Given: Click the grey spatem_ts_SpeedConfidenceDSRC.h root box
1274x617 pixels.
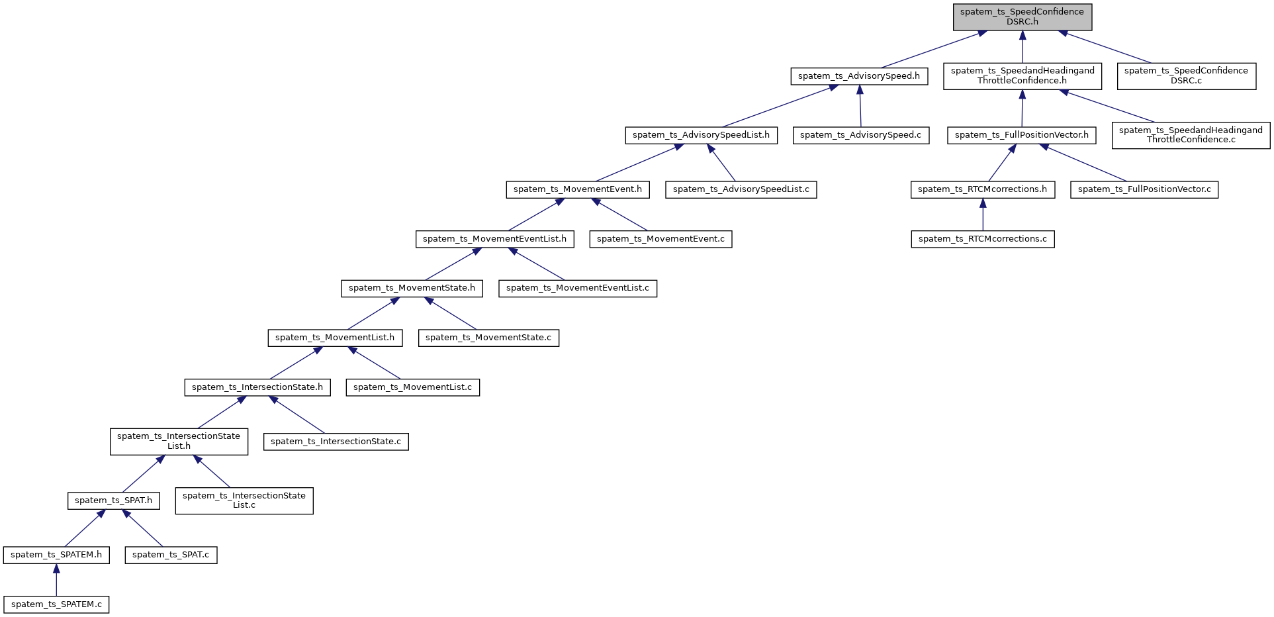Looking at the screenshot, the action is (1022, 17).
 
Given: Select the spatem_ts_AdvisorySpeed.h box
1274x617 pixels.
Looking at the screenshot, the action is (858, 76).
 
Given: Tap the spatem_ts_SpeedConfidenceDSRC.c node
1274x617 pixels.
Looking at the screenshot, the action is (1186, 76).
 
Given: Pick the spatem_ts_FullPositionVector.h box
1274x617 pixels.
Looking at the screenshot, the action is (1021, 135).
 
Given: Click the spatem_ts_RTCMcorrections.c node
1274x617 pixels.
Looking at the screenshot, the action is (982, 239).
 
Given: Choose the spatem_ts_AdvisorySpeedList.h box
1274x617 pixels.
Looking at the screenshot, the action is (701, 135).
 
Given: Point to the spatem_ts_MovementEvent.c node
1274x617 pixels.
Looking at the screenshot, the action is (660, 239).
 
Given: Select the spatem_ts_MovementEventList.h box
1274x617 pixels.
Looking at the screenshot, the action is (494, 239).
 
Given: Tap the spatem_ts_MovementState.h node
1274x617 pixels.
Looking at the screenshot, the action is (412, 288).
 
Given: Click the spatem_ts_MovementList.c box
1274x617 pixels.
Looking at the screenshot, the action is (412, 387).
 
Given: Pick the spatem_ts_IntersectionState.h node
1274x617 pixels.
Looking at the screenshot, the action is (257, 387).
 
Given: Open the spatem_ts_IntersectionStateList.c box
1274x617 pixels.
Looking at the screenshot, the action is (244, 500).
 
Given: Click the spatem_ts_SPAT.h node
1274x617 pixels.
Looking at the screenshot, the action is (113, 500).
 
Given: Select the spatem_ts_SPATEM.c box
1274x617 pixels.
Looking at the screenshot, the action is (56, 604).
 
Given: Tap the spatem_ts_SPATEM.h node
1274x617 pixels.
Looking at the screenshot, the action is (56, 555).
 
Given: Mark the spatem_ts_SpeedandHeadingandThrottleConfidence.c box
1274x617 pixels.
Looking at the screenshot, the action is (1191, 135).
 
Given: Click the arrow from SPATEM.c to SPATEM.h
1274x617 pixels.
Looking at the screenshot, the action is (56, 580).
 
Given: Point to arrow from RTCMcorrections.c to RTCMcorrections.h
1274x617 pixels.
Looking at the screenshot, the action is (982, 214).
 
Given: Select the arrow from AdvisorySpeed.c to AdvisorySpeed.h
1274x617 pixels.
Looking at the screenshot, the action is (860, 106).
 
